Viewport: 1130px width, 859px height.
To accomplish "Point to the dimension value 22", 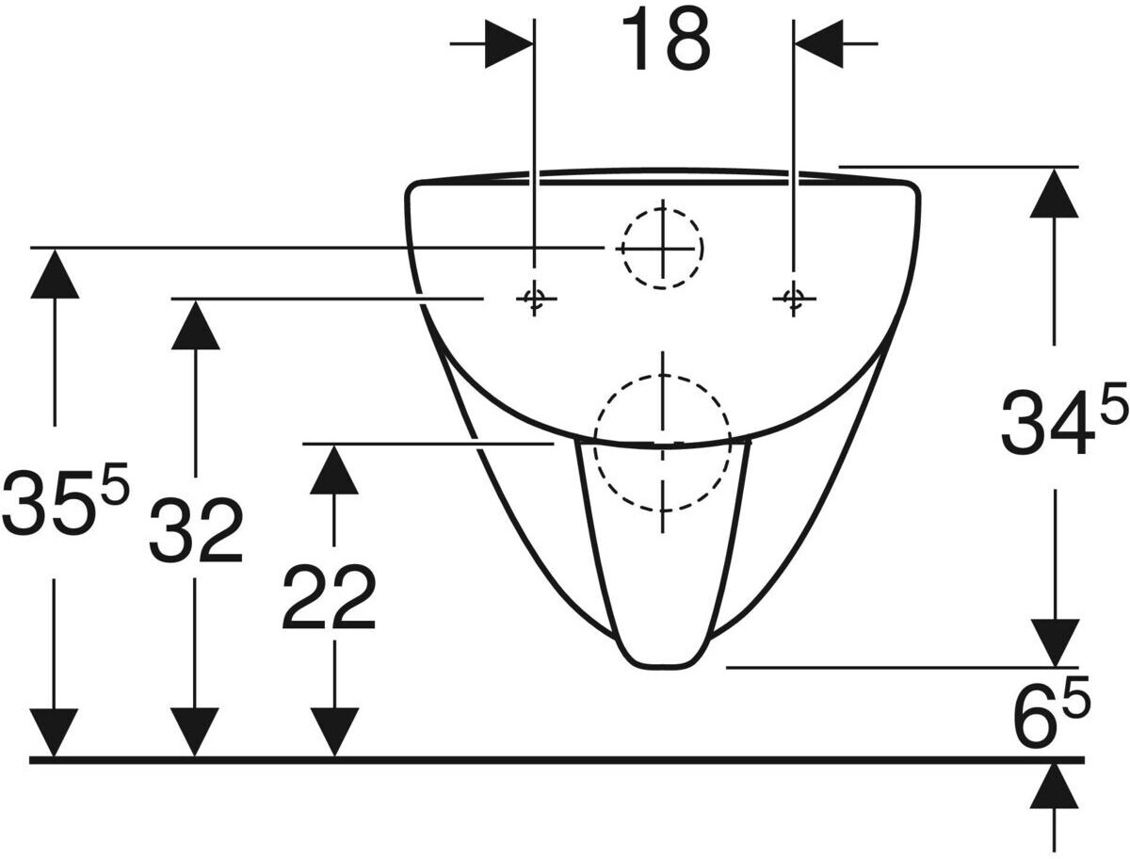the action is tap(329, 597).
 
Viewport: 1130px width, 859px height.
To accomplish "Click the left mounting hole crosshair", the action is tap(534, 299).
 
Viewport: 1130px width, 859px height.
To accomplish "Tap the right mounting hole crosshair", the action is tap(794, 299).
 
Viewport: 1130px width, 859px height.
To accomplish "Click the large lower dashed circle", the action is tap(663, 443).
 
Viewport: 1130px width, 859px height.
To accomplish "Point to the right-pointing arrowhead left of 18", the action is tap(509, 43).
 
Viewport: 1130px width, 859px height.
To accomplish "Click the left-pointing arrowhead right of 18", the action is tap(819, 43).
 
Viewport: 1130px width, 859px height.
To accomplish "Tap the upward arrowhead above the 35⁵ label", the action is tap(54, 273).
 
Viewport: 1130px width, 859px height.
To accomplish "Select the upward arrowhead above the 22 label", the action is tap(333, 468).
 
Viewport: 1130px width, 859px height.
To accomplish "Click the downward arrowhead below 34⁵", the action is tap(1054, 642).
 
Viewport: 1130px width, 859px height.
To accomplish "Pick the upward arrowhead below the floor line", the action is tap(1054, 786).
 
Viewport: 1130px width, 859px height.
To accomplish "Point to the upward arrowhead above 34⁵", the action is tap(1054, 192).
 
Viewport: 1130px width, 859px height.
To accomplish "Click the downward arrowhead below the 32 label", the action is tap(195, 732).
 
